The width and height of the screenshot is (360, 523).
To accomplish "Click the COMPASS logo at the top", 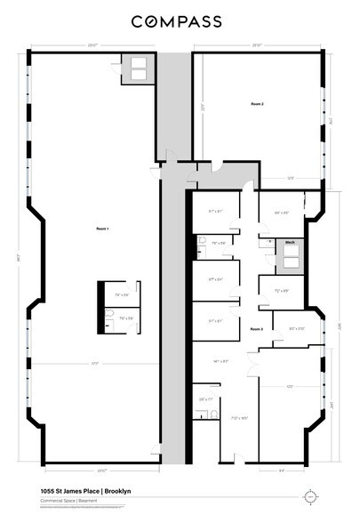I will tap(180, 20).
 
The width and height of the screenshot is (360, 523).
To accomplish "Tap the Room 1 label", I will tap(102, 229).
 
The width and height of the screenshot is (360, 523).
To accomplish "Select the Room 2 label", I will tap(257, 104).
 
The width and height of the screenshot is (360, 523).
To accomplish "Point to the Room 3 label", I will tap(256, 329).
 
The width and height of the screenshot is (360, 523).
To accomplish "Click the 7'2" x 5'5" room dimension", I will tap(282, 290).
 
